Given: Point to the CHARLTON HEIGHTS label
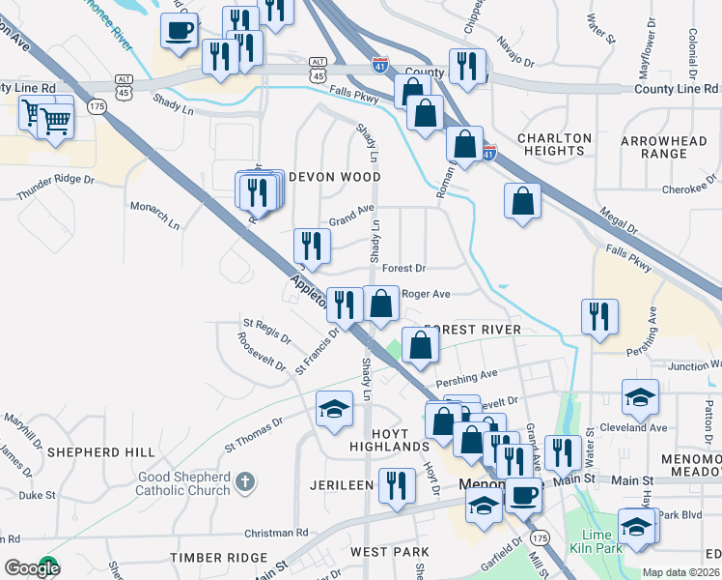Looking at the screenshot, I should (x=554, y=145).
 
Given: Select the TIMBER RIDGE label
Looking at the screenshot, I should (x=218, y=558).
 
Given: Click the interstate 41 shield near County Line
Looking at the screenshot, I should (x=380, y=66).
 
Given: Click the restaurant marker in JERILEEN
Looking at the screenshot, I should (x=396, y=484).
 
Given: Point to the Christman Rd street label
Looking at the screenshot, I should (x=275, y=533).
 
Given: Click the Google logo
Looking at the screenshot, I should (x=31, y=567).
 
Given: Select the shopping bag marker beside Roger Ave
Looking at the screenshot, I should (x=382, y=303).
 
